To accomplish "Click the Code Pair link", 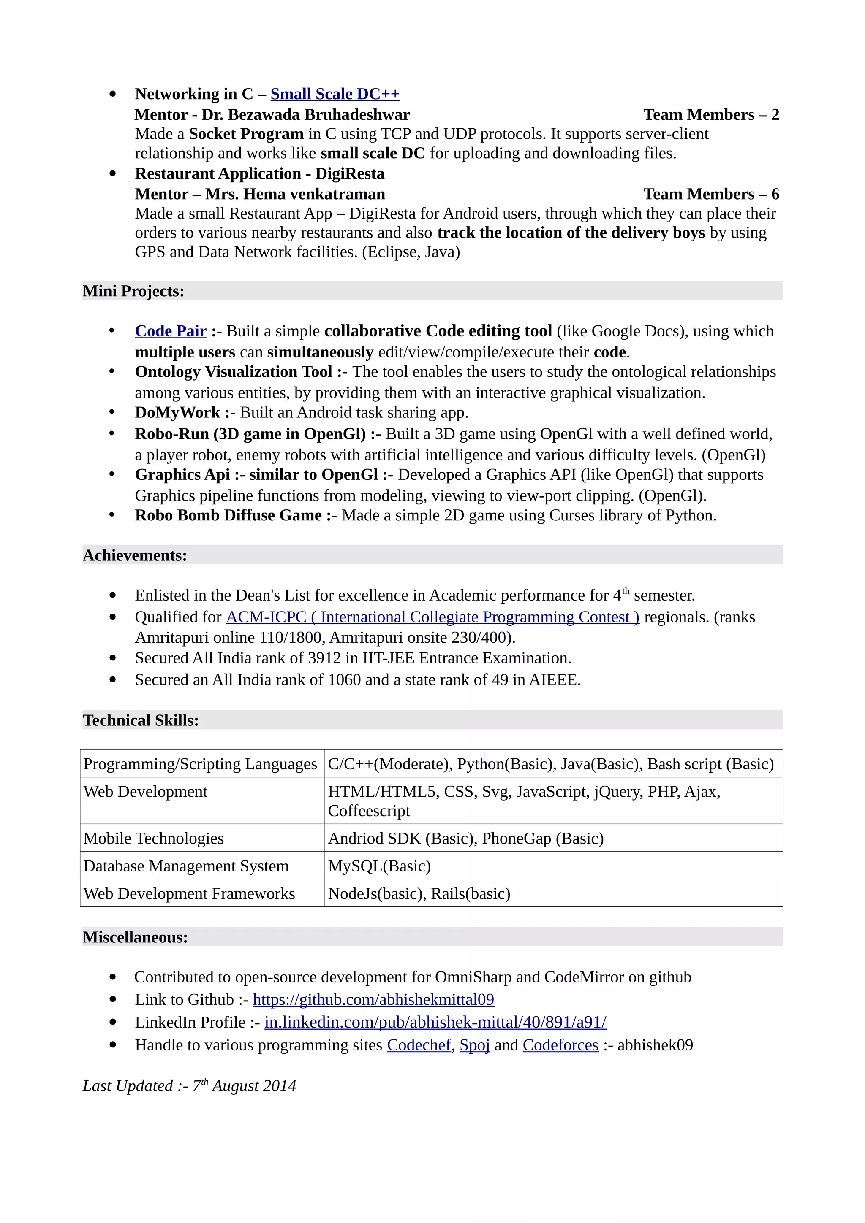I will [x=171, y=331].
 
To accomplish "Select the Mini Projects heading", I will [x=133, y=291].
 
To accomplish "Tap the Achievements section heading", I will [x=135, y=555].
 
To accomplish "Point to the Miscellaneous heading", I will [x=136, y=937].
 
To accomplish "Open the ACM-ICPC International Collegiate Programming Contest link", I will [x=432, y=617].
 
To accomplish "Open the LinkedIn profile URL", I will [x=435, y=1022].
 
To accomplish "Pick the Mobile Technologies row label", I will [x=153, y=839].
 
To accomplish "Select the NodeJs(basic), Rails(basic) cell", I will [x=419, y=894].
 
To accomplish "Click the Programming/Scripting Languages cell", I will [x=200, y=764].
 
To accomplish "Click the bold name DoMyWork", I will [x=177, y=412].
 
